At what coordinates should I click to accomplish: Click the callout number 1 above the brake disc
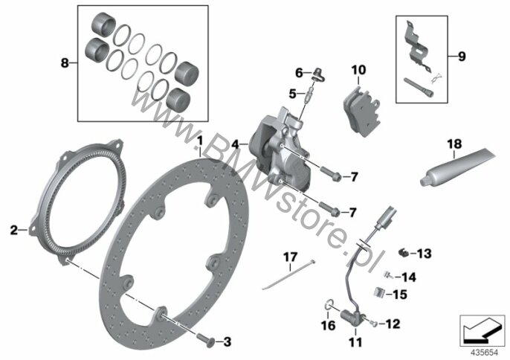pyautogui.click(x=200, y=141)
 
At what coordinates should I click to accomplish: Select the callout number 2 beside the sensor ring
pyautogui.click(x=13, y=231)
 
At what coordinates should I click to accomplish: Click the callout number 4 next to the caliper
pyautogui.click(x=235, y=144)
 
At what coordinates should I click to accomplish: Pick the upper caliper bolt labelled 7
pyautogui.click(x=331, y=174)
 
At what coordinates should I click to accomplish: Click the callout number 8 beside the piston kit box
pyautogui.click(x=65, y=62)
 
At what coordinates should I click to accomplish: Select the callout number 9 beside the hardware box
pyautogui.click(x=462, y=57)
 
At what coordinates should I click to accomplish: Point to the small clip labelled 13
pyautogui.click(x=403, y=252)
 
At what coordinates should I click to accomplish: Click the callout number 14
pyautogui.click(x=409, y=277)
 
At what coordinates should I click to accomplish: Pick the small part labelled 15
pyautogui.click(x=378, y=292)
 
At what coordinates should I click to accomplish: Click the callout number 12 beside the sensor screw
pyautogui.click(x=393, y=324)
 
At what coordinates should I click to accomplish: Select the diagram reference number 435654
pyautogui.click(x=485, y=353)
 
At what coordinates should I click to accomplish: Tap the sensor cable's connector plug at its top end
pyautogui.click(x=387, y=216)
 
